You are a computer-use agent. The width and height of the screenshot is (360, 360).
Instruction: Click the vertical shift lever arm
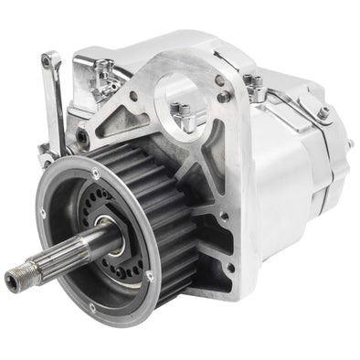[x=55, y=101]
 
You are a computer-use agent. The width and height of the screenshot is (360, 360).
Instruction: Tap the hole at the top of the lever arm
[x=46, y=60]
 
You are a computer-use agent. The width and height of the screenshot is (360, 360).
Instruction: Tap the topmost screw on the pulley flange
[x=96, y=171]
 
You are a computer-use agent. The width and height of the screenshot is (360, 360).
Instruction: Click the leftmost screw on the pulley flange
[x=42, y=216]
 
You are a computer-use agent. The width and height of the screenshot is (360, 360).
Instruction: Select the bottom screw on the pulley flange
[x=91, y=307]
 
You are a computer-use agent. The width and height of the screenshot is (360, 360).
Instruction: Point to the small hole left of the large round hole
[x=134, y=94]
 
